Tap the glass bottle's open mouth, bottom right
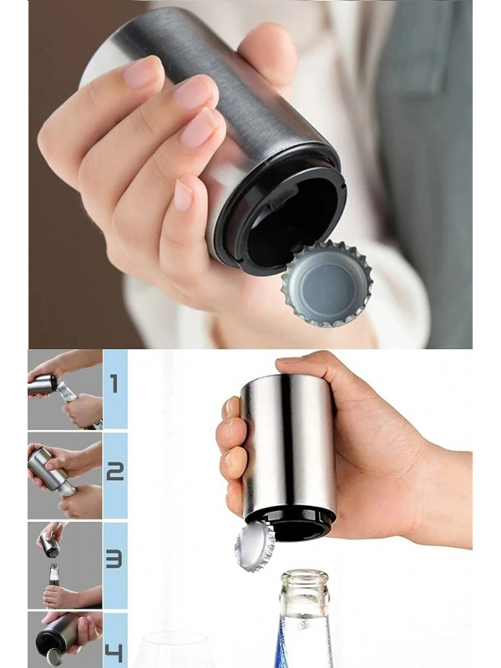coord(304,578)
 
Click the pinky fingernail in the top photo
coord(183,195)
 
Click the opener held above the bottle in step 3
coord(49,544)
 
